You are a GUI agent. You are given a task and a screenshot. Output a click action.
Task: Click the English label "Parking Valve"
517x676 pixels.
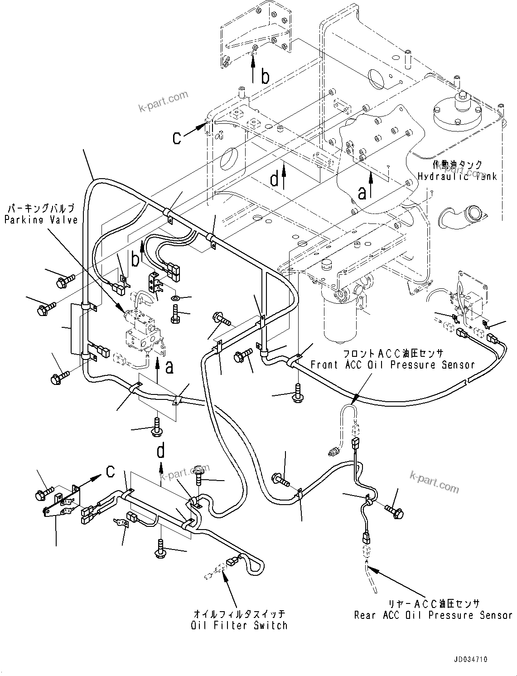coord(41,220)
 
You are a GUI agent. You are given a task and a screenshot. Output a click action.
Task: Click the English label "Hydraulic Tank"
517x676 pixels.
coord(457,176)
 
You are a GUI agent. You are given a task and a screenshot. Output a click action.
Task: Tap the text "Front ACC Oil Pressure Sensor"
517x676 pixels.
coord(392,365)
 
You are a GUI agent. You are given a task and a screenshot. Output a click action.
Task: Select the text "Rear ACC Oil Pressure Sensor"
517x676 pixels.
coord(433,615)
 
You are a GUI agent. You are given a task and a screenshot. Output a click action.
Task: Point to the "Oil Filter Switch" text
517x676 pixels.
coord(239,625)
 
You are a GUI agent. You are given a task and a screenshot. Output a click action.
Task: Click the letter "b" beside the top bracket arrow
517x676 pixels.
coord(265,77)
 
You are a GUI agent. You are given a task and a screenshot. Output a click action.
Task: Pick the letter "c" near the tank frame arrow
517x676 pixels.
coord(177,137)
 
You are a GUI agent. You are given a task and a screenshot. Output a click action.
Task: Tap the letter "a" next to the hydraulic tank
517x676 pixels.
coord(362,192)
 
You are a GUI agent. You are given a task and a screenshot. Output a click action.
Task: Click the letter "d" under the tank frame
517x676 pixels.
coord(274,180)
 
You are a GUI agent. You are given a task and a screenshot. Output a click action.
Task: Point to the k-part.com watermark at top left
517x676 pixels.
coord(163,102)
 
